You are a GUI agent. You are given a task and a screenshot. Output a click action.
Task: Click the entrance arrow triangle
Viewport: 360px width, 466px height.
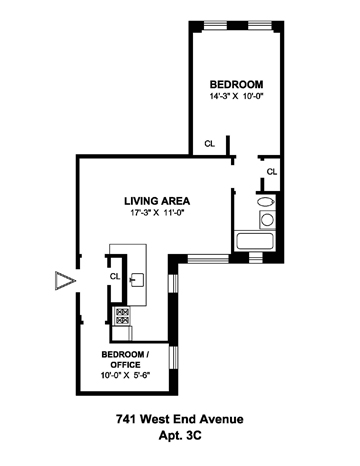pos(65,281)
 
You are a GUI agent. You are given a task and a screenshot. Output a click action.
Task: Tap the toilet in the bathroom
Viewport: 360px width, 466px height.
pos(266,202)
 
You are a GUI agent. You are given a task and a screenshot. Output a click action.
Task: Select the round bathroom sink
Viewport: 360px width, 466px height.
pos(267,220)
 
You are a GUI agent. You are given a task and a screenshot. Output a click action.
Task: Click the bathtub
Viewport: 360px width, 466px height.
pos(254,242)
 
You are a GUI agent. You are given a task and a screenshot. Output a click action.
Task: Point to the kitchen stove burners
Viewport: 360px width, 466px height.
pos(122,316)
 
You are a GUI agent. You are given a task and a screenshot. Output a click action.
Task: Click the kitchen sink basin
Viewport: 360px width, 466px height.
pos(138,280)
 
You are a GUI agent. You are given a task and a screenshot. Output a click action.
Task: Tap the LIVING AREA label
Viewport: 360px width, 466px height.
pos(157,201)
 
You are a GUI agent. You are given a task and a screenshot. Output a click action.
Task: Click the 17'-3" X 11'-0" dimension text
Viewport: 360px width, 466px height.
pos(157,213)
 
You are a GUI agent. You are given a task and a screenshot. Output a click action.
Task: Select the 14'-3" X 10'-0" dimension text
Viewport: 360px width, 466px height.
pos(236,96)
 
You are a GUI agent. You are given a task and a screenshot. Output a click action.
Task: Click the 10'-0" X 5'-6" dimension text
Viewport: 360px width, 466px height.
pos(125,375)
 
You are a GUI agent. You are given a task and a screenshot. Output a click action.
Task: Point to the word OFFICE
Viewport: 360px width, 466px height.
pos(125,365)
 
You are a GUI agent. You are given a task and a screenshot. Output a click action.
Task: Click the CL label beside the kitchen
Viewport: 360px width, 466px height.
pos(115,276)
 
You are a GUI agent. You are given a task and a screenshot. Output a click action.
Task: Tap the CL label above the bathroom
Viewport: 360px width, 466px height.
pos(272,172)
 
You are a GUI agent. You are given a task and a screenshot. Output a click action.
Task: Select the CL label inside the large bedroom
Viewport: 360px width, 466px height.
pos(210,144)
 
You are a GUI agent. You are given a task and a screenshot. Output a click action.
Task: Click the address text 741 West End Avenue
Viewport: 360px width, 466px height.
pos(180,419)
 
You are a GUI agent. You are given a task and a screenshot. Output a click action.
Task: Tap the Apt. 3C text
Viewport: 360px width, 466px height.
pos(180,435)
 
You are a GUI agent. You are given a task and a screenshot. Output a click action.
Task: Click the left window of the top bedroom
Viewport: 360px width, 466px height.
pos(215,25)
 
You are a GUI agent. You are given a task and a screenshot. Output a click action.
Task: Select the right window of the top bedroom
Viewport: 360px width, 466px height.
pos(260,25)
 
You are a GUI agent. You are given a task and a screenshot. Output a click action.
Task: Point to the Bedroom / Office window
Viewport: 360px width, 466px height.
pos(173,357)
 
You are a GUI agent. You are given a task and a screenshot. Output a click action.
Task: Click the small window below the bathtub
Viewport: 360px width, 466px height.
pos(256,258)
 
